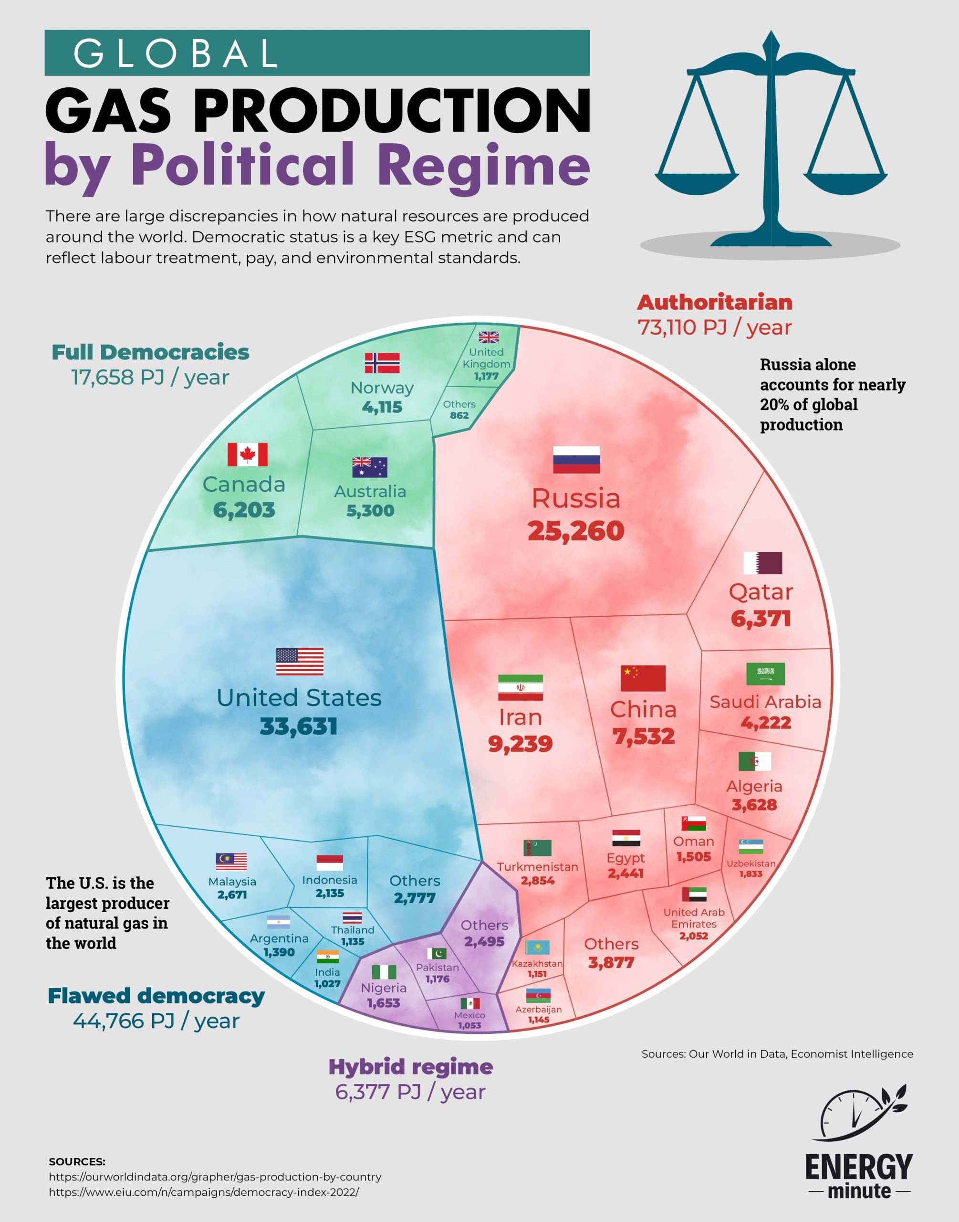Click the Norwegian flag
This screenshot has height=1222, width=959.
pyautogui.click(x=382, y=363)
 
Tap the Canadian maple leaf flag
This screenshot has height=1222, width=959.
pyautogui.click(x=247, y=454)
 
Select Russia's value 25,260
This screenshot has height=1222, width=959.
pyautogui.click(x=575, y=531)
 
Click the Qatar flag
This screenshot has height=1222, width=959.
pyautogui.click(x=762, y=563)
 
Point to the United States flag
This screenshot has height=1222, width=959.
pyautogui.click(x=299, y=661)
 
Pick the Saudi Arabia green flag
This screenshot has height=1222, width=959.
pyautogui.click(x=765, y=674)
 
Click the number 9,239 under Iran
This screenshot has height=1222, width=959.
pyautogui.click(x=520, y=744)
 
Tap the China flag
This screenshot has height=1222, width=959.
pyautogui.click(x=643, y=678)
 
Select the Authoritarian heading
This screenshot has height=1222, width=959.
pyautogui.click(x=714, y=303)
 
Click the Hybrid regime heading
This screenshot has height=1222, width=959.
pyautogui.click(x=410, y=1066)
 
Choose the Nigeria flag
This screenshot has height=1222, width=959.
pyautogui.click(x=384, y=972)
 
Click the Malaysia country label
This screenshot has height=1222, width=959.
pyautogui.click(x=232, y=882)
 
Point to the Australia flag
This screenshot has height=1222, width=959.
pyautogui.click(x=369, y=467)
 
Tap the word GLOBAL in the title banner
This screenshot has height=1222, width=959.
pyautogui.click(x=176, y=53)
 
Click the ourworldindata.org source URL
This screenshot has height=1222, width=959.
pyautogui.click(x=215, y=1177)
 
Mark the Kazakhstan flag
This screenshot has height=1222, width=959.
pyautogui.click(x=537, y=948)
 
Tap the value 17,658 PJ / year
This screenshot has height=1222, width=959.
pyautogui.click(x=150, y=378)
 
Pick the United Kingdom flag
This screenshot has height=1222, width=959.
pyautogui.click(x=489, y=337)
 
